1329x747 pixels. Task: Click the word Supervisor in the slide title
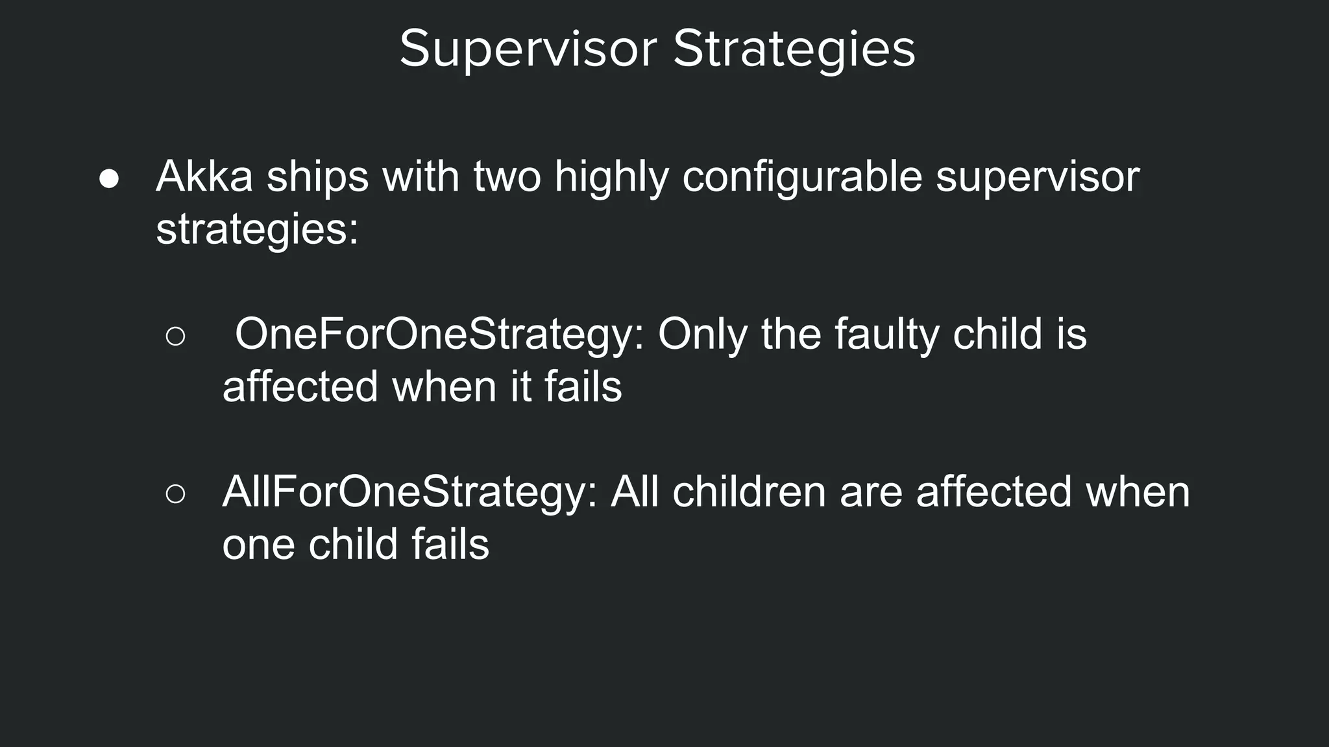point(528,49)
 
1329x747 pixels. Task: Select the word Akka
point(204,176)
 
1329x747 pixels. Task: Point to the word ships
point(317,176)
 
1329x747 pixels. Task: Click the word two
point(506,176)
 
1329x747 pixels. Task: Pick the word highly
point(611,176)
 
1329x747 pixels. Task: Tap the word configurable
point(801,176)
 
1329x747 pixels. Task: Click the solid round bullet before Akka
point(109,179)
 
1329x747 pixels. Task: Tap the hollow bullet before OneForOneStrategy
point(175,337)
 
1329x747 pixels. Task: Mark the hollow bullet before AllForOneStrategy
point(175,494)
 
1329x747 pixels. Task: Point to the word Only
point(702,335)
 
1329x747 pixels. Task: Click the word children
point(748,492)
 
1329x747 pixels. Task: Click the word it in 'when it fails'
point(520,387)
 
